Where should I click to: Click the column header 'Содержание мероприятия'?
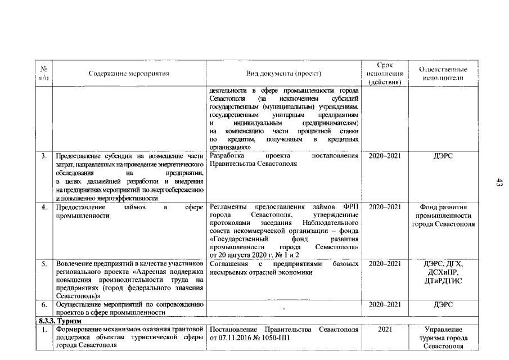coord(129,74)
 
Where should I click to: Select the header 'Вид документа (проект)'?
coord(283,74)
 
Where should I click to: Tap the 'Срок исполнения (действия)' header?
coord(384,74)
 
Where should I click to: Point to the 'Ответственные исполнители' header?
coord(443,73)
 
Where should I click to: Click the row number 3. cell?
coord(44,155)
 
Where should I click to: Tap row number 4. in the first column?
coord(44,207)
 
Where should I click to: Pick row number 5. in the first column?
coord(44,263)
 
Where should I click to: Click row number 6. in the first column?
coord(44,304)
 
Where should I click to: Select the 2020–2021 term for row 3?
coord(384,155)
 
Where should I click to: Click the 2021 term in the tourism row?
coord(384,328)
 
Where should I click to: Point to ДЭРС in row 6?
coord(443,304)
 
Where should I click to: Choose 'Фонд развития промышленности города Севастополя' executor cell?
coord(443,215)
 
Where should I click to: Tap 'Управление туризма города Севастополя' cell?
coord(443,337)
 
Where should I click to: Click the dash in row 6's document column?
coord(283,308)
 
